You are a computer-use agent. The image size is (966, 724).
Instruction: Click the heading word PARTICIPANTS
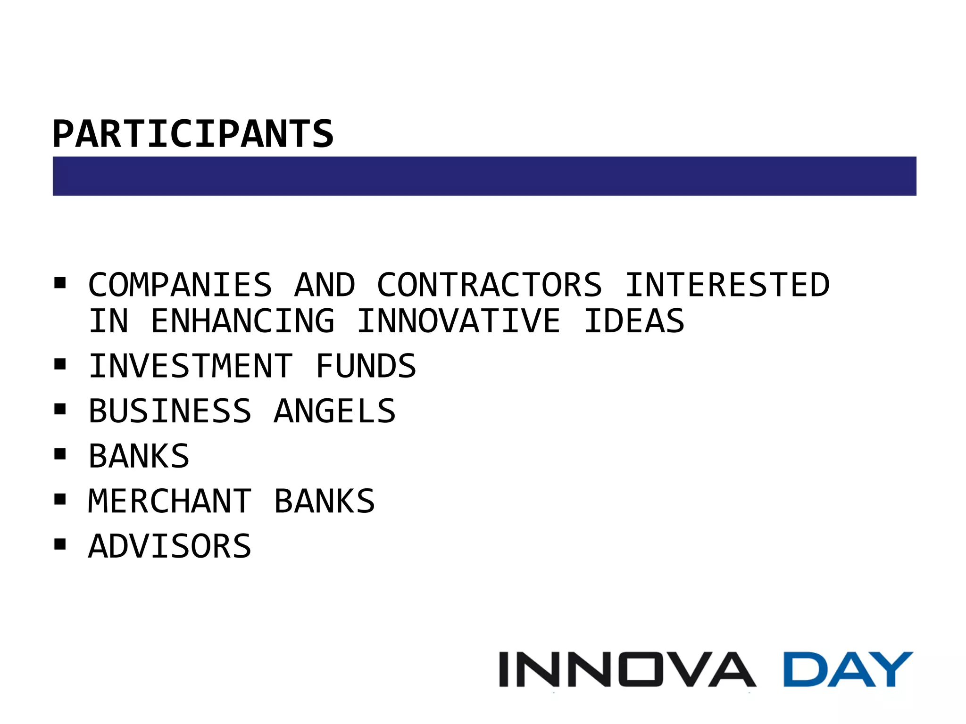click(x=193, y=134)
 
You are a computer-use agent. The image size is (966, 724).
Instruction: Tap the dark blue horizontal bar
click(x=484, y=176)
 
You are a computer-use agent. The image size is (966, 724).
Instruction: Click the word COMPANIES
click(x=180, y=285)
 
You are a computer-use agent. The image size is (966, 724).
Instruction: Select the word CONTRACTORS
click(x=490, y=285)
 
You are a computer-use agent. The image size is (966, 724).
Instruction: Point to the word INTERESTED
click(x=727, y=285)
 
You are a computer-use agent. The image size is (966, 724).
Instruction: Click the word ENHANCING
click(x=242, y=321)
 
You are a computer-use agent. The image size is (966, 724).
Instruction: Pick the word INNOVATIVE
click(x=458, y=321)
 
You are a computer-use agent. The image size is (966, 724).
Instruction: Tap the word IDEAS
click(x=634, y=321)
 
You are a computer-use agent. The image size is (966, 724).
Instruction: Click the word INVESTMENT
click(x=191, y=366)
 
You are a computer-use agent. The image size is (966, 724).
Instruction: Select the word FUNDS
click(x=366, y=366)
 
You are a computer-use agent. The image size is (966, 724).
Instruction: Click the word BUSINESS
click(x=170, y=411)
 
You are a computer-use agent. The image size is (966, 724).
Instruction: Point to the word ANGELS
click(x=335, y=411)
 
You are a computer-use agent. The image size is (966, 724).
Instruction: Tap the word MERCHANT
click(x=170, y=501)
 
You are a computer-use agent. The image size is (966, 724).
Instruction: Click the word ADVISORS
click(x=170, y=546)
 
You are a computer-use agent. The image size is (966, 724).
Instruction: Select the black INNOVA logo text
click(x=627, y=669)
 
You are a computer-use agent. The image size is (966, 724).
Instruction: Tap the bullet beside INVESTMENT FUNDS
click(x=60, y=364)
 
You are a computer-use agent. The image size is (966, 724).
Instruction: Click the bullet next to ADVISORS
click(x=60, y=544)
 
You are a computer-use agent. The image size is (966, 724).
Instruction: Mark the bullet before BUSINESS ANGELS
click(x=60, y=409)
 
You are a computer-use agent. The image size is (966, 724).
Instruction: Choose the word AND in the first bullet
click(x=325, y=285)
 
